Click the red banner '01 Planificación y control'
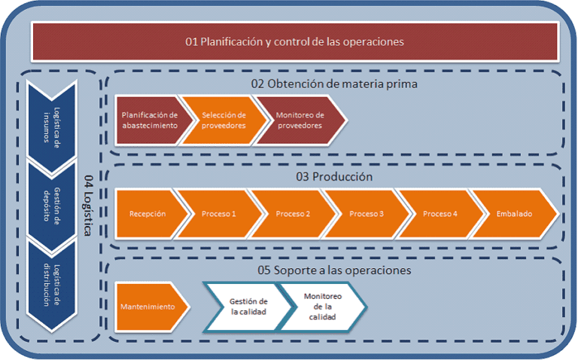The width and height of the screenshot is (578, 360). click(294, 42)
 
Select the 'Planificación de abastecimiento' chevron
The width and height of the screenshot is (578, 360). click(149, 120)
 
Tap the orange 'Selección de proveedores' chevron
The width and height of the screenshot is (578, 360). click(224, 120)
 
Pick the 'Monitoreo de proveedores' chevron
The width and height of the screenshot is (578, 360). click(300, 120)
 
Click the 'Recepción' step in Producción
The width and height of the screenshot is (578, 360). click(148, 214)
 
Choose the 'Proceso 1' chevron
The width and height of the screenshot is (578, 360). click(219, 214)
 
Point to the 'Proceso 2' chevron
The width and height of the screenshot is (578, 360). click(293, 214)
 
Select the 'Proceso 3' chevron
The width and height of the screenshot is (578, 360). click(367, 214)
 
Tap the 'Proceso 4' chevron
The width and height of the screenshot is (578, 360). click(440, 214)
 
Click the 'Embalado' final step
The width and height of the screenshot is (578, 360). click(514, 214)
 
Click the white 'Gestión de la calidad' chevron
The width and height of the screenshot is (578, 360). click(248, 307)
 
